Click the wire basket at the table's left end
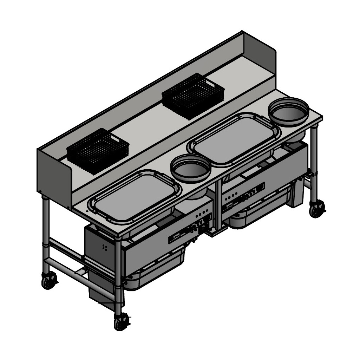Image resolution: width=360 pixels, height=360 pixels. tap(98, 151)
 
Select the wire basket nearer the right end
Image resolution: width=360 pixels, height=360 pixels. tap(193, 96)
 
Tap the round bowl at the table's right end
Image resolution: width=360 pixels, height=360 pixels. tap(289, 111)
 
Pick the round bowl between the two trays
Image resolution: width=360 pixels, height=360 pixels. tap(191, 168)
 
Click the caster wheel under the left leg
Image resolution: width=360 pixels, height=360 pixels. tap(49, 280)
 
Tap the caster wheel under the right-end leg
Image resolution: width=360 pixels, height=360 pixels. tap(317, 209)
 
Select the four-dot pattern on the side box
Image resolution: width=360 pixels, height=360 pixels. tap(104, 247)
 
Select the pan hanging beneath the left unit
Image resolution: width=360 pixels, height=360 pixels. tap(155, 270)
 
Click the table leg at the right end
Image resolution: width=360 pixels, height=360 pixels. tap(314, 162)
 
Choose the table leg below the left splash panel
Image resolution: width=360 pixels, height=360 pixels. tap(46, 232)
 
